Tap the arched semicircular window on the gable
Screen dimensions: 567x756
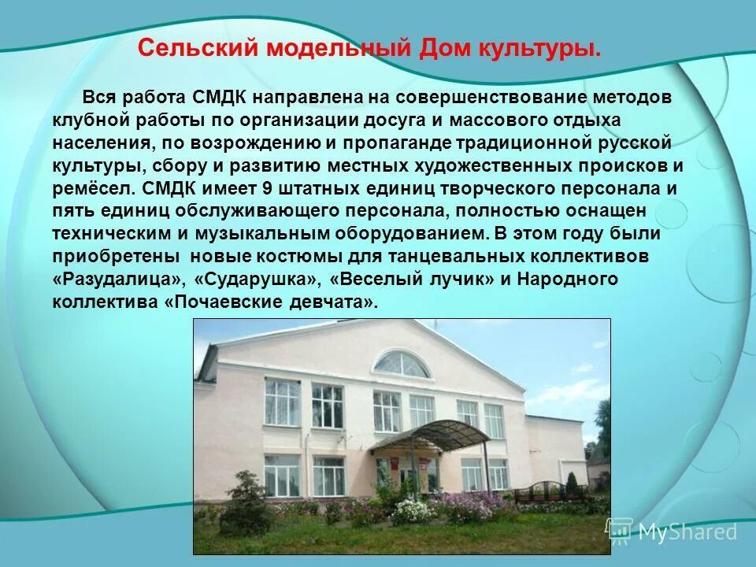(x=402, y=364)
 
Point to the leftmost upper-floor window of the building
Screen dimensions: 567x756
(x=281, y=402)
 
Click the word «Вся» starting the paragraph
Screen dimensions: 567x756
(x=98, y=98)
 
